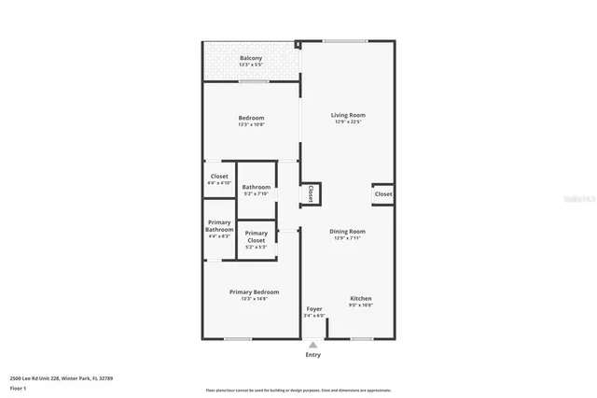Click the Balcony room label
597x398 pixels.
[251, 59]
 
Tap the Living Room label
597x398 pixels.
[348, 115]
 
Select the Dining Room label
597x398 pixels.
[347, 231]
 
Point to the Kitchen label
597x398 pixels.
[361, 299]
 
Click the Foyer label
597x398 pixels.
[314, 308]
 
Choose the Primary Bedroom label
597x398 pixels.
[255, 292]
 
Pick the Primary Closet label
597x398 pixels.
[256, 236]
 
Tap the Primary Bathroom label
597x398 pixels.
[219, 226]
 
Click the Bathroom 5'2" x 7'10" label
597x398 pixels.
[257, 188]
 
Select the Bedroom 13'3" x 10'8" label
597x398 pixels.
[251, 118]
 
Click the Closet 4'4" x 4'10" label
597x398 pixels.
[219, 177]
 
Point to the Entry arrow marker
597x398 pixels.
[312, 345]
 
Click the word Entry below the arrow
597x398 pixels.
[312, 355]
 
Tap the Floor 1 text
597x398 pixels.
[18, 387]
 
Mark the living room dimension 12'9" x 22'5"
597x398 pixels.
[348, 121]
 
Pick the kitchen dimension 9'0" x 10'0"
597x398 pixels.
[361, 306]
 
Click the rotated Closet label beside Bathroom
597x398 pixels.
[311, 193]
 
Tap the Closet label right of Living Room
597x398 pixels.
[383, 193]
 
